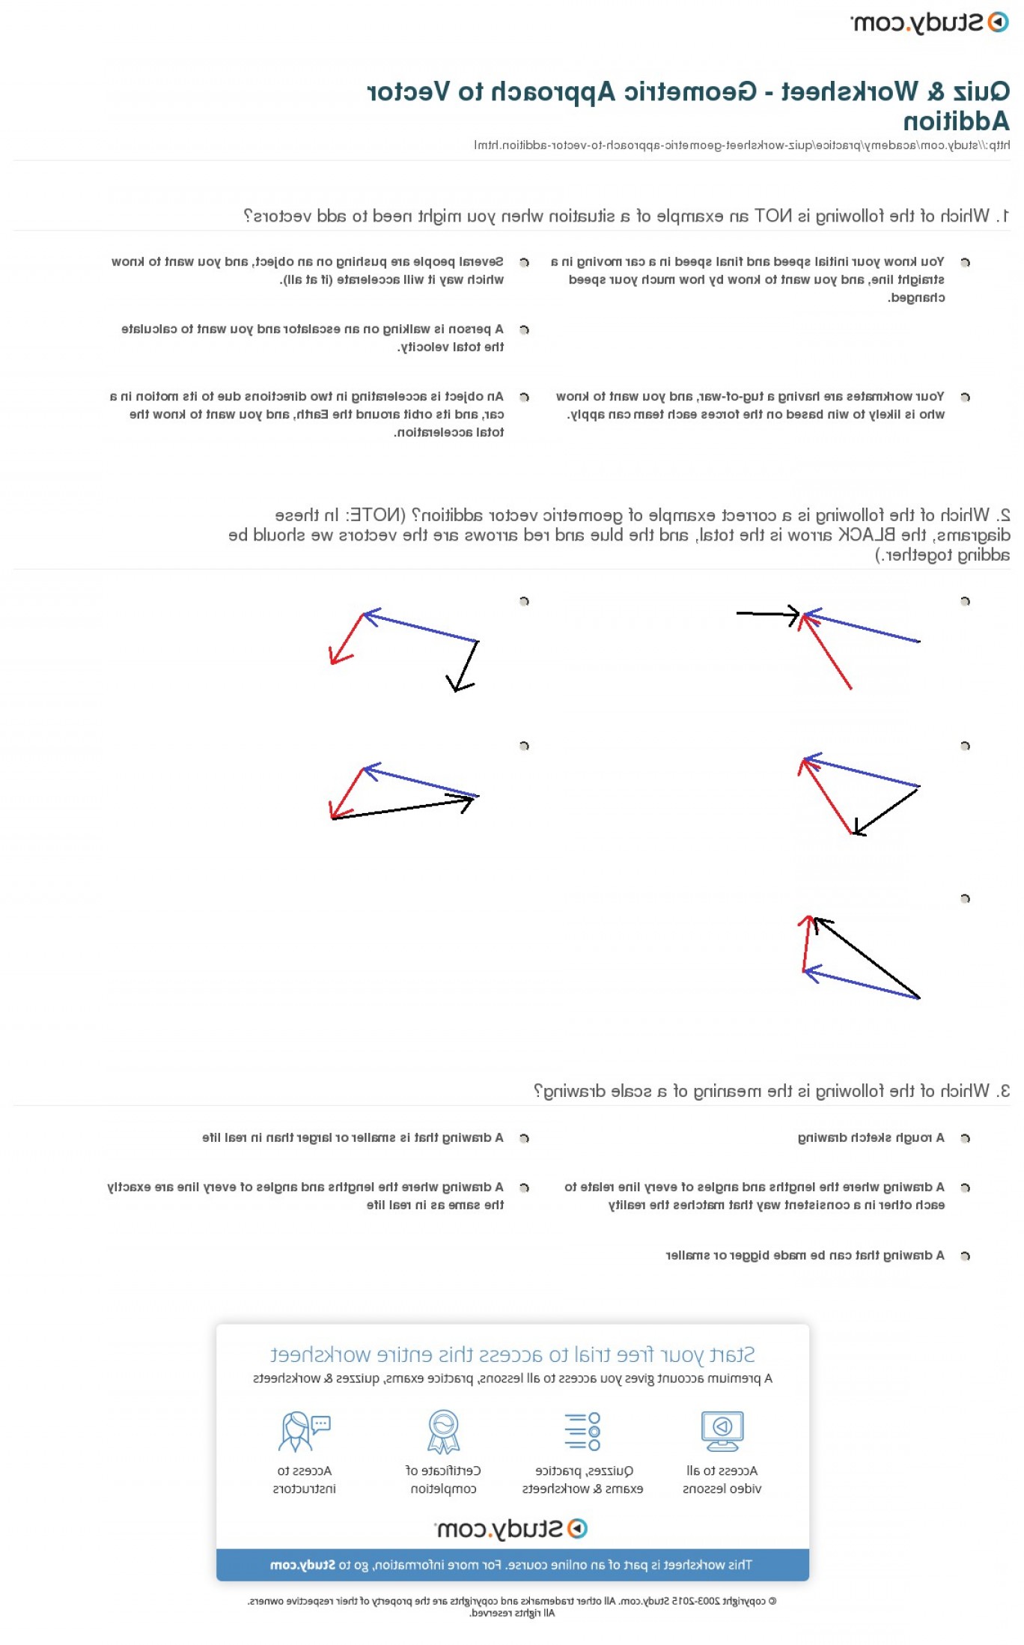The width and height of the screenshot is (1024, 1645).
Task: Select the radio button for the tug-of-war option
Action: pyautogui.click(x=965, y=397)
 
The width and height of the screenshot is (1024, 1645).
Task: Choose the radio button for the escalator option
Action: pyautogui.click(x=524, y=329)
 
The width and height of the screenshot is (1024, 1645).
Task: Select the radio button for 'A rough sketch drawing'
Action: pyautogui.click(x=965, y=1138)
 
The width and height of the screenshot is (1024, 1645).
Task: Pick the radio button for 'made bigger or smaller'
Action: pyautogui.click(x=965, y=1256)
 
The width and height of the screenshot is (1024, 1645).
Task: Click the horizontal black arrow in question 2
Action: pyautogui.click(x=767, y=615)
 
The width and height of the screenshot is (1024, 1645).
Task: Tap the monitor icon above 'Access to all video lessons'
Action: pyautogui.click(x=722, y=1431)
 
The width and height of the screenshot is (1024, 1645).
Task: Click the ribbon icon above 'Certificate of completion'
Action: pyautogui.click(x=443, y=1431)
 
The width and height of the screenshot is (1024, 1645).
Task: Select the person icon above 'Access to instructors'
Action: pyautogui.click(x=303, y=1431)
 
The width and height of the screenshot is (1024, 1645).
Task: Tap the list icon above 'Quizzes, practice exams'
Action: pyautogui.click(x=582, y=1431)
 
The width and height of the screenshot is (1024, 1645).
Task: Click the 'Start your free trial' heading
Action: pyautogui.click(x=512, y=1355)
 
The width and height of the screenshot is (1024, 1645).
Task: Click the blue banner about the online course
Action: pyautogui.click(x=512, y=1565)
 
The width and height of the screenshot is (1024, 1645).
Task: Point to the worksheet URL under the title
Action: pyautogui.click(x=741, y=145)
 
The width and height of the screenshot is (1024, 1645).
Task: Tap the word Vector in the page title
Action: pyautogui.click(x=409, y=92)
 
